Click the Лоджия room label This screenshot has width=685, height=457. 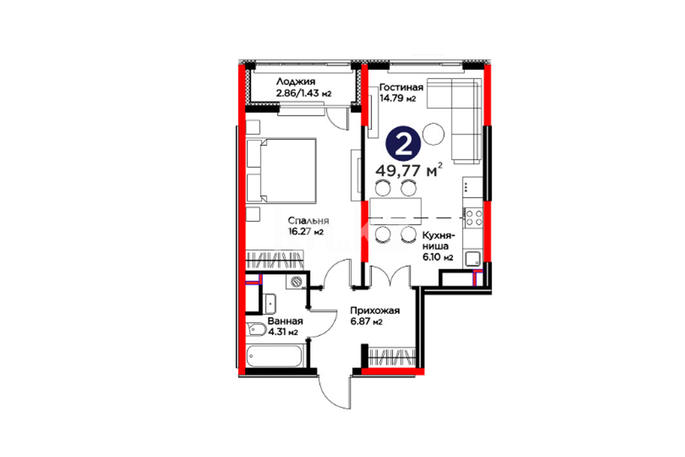tap(295, 82)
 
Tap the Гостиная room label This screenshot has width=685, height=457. tap(401, 88)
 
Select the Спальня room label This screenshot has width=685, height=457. tap(309, 221)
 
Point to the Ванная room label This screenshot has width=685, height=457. tap(285, 321)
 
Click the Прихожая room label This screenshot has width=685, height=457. tap(375, 311)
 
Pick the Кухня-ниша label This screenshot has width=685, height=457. tap(438, 241)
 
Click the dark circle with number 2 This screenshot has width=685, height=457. tap(403, 144)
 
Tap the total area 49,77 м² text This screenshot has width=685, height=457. tap(409, 170)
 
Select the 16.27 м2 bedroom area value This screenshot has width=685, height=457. tap(306, 232)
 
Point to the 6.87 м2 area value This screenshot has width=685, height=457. tap(367, 322)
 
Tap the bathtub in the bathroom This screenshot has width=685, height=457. tap(275, 356)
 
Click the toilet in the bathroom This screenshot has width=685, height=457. tap(256, 329)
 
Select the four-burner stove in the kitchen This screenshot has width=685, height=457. tap(474, 217)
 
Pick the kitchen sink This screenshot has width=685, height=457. tap(473, 258)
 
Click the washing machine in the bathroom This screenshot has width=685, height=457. tap(296, 281)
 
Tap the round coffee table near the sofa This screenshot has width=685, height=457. tap(434, 133)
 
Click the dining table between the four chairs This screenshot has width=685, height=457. tap(396, 211)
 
